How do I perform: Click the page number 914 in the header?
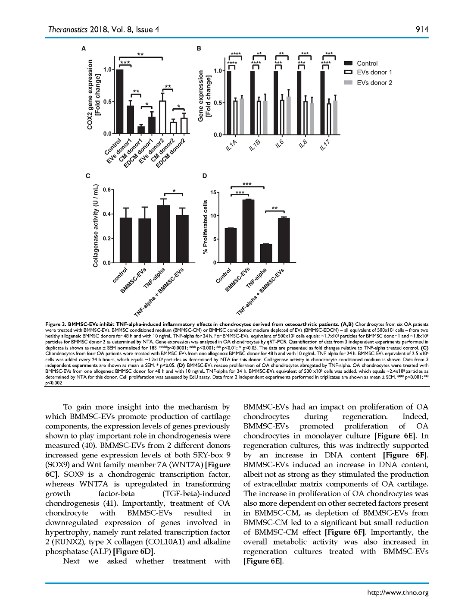click(422, 29)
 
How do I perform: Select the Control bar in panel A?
click(119, 102)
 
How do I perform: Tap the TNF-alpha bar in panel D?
click(266, 253)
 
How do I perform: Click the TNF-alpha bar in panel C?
click(163, 234)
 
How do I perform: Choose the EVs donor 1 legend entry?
click(374, 72)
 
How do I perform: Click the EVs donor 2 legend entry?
click(374, 83)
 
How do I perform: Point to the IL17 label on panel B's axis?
click(324, 145)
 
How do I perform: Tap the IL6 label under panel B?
click(279, 144)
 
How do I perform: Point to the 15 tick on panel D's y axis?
click(213, 192)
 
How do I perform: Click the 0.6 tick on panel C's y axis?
click(106, 190)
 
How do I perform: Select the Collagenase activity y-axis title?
click(96, 226)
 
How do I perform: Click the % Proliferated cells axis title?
click(206, 227)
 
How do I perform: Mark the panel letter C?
click(88, 176)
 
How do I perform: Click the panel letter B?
click(199, 48)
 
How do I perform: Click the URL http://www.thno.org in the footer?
click(397, 592)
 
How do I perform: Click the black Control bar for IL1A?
click(229, 103)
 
